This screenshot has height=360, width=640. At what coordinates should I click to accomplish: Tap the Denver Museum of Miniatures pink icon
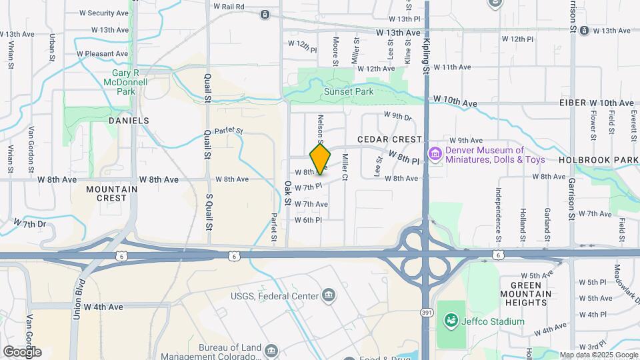coord(435,155)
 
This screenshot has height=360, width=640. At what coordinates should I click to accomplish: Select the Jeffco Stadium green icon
coord(451,321)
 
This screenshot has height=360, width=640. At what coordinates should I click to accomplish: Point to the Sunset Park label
coord(349,91)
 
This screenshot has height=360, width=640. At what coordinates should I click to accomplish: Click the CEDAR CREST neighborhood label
coord(390,139)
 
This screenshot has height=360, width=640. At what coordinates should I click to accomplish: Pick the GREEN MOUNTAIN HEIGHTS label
coord(531,294)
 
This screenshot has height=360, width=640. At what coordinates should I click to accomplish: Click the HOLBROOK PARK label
coord(598,161)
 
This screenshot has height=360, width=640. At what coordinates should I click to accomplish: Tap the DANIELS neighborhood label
coord(129,121)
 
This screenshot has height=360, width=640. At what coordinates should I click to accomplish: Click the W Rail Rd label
coord(229,6)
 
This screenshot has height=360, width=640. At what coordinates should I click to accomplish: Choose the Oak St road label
coord(289,193)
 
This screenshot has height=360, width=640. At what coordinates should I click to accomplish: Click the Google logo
coord(22,351)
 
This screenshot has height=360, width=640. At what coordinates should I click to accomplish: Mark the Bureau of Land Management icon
coord(271,349)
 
